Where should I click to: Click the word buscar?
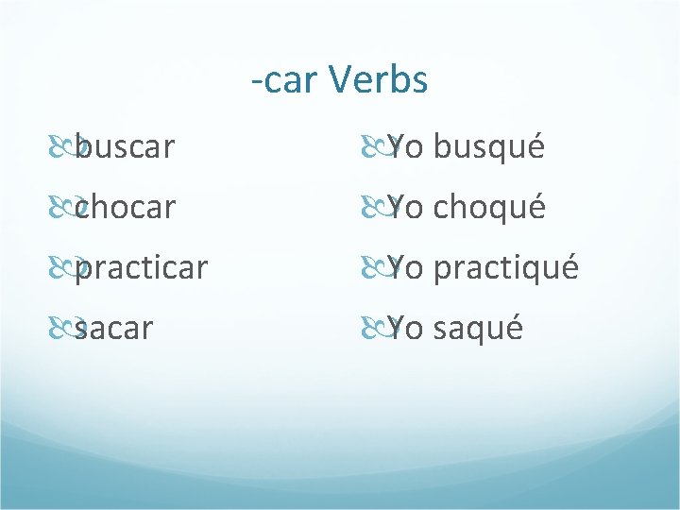tap(126, 147)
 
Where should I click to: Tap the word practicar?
tap(142, 267)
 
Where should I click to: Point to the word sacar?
tap(114, 328)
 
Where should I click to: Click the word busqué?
tap(489, 147)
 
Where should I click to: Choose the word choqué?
tap(489, 207)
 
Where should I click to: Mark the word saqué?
tap(478, 328)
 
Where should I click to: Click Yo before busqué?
tap(405, 147)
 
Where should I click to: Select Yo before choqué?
tap(405, 207)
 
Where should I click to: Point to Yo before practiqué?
tap(405, 267)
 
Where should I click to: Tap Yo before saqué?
tap(405, 328)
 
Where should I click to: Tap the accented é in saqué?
tap(511, 327)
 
